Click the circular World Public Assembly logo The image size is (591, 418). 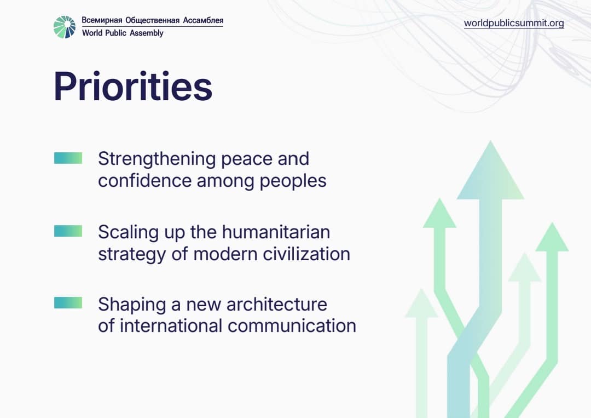[x=65, y=27]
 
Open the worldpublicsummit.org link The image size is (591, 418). [x=514, y=23]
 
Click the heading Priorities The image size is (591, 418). [x=133, y=87]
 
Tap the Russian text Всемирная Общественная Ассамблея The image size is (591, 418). [x=153, y=20]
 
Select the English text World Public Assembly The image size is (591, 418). [x=123, y=33]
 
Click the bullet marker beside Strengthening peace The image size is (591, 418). [x=68, y=158]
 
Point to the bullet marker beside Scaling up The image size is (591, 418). [x=68, y=231]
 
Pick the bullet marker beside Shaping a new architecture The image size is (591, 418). [x=68, y=302]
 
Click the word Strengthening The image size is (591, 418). [x=157, y=159]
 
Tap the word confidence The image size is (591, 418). [x=144, y=180]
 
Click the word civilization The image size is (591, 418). [x=306, y=254]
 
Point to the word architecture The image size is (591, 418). [x=277, y=305]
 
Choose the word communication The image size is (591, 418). [x=292, y=325]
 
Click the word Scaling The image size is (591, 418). [x=128, y=233]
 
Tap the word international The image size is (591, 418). [x=171, y=325]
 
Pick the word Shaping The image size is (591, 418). [x=132, y=305]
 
